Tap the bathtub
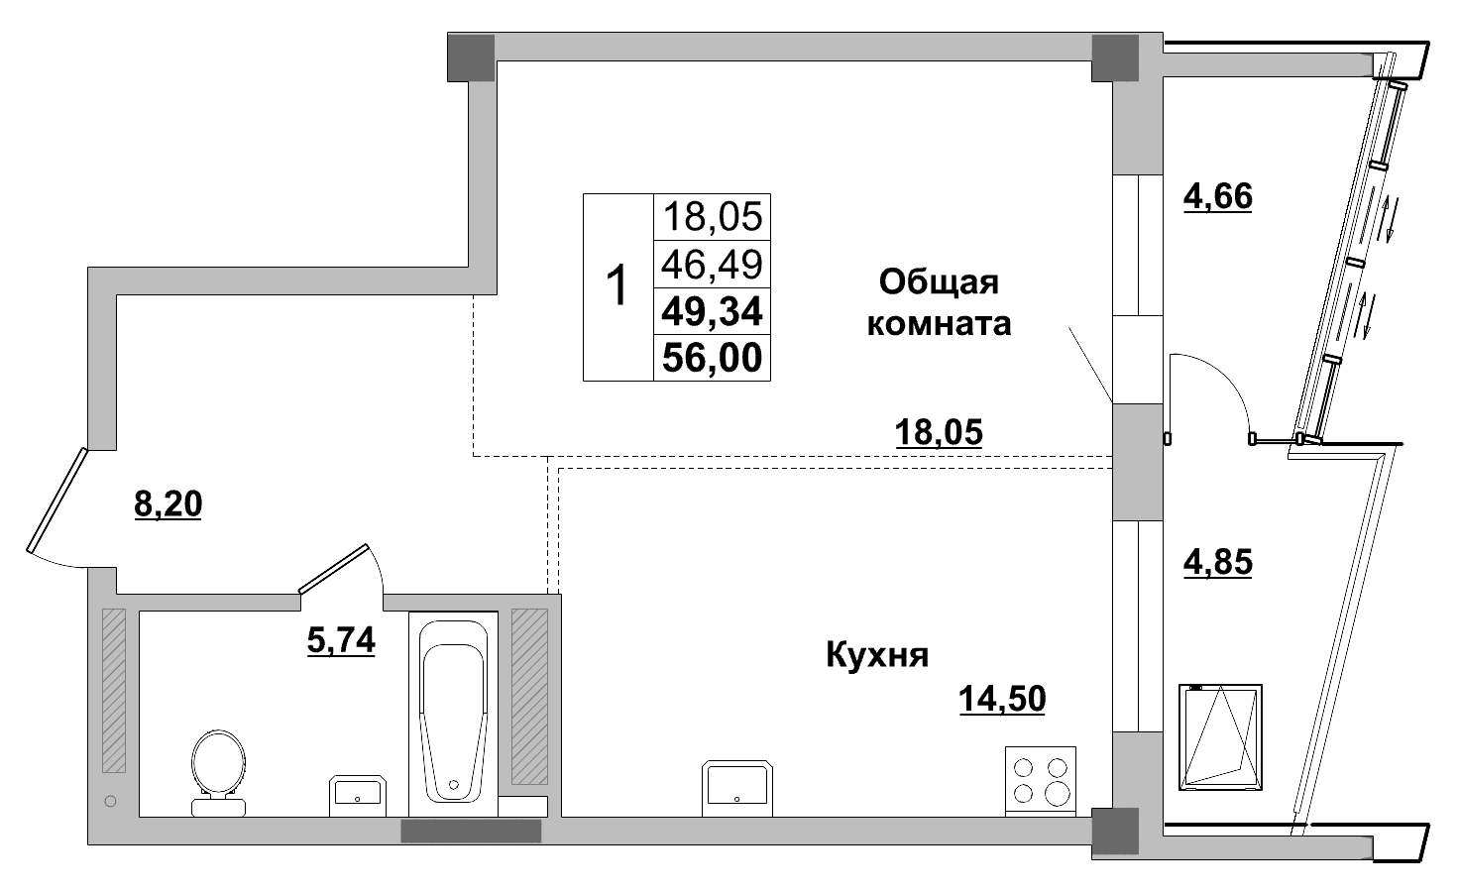(453, 712)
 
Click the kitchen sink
(736, 787)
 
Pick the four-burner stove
(1041, 781)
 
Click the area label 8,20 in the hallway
(168, 505)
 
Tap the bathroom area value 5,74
(341, 641)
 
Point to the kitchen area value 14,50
(1001, 700)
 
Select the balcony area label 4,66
(1218, 196)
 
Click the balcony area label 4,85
(1218, 562)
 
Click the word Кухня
(877, 655)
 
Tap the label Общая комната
(939, 303)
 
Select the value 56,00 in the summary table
(712, 358)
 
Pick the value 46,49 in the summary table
(712, 264)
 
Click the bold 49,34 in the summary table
(712, 311)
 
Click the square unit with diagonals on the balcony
(1220, 736)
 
